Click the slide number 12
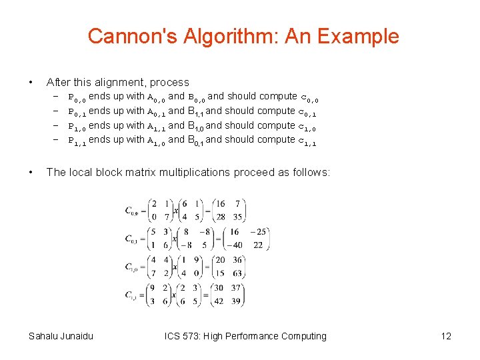coord(446,336)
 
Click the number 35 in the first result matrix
coord(239,217)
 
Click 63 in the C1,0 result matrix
coord(238,273)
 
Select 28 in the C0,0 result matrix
coord(220,217)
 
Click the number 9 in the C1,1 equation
coord(155,288)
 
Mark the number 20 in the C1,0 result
coord(221,260)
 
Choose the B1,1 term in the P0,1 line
coord(195,111)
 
